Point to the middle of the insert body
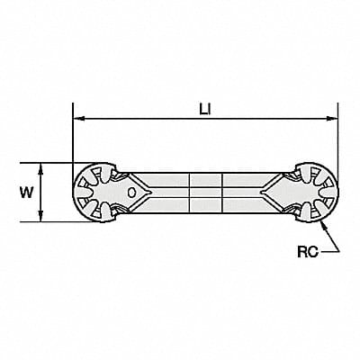(x=204, y=192)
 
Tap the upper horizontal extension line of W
(x=54, y=162)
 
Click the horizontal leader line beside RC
(x=330, y=253)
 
